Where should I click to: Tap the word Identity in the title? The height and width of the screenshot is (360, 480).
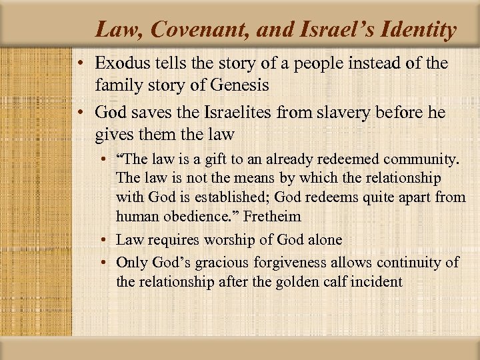[417, 29]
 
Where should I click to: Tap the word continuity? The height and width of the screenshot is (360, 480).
[404, 263]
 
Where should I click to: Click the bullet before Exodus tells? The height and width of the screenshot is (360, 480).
[79, 65]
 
